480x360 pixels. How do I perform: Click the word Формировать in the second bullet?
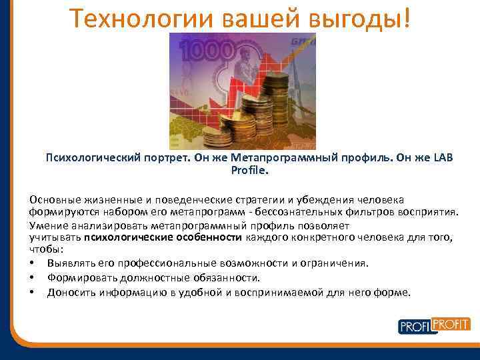[79, 277]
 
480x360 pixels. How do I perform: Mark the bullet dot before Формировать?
[32, 277]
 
